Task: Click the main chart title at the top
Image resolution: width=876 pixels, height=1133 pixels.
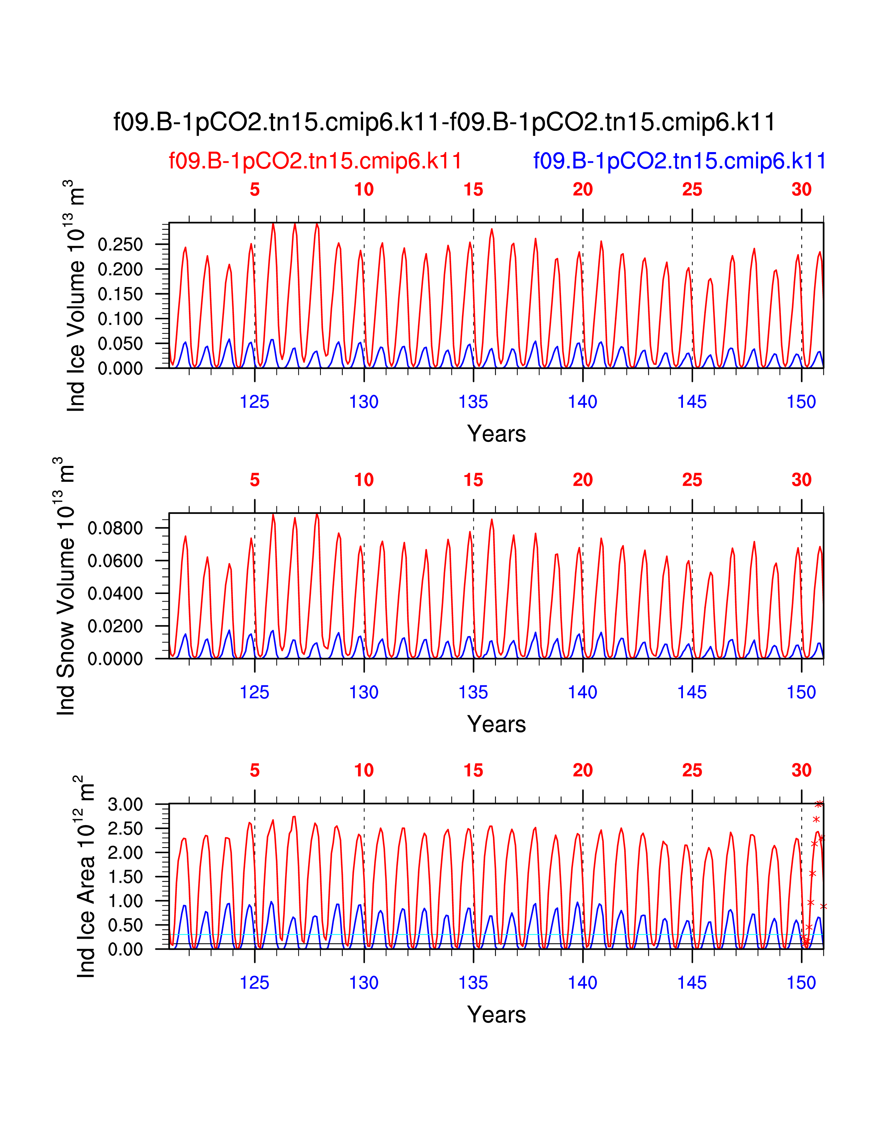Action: [x=444, y=123]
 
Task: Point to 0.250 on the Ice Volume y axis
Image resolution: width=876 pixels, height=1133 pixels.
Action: [x=120, y=244]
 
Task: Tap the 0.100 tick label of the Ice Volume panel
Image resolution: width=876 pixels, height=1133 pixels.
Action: [x=120, y=319]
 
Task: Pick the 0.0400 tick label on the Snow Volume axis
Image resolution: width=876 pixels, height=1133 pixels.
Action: [x=115, y=594]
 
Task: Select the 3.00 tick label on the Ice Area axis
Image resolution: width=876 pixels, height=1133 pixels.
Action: [x=125, y=805]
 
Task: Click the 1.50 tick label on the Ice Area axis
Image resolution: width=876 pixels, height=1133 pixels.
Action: [x=125, y=877]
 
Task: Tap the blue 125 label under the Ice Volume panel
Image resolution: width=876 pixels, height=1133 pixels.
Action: [x=254, y=402]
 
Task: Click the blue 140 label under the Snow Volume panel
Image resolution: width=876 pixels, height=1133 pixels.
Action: [x=582, y=693]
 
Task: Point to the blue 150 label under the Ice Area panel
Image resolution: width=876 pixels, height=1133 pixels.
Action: [x=801, y=983]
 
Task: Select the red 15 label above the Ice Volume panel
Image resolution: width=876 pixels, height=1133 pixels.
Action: [x=473, y=190]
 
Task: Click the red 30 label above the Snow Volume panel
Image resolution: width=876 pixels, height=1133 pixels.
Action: [x=801, y=480]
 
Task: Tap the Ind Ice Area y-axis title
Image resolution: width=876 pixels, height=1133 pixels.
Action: [x=85, y=877]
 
